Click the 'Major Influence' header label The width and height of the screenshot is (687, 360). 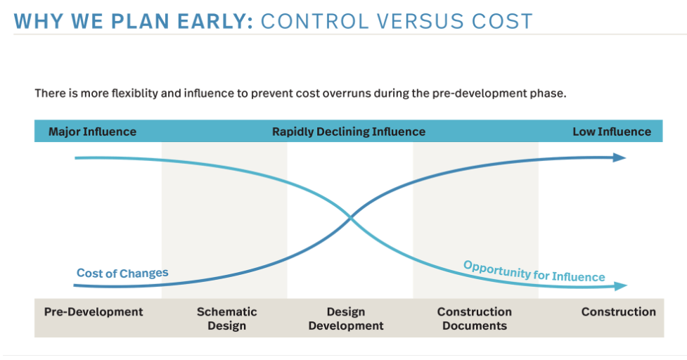[x=92, y=131]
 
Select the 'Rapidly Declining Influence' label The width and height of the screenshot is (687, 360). [x=349, y=131]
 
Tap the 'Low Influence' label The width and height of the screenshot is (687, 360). [x=612, y=131]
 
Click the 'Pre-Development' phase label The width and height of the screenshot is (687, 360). [x=94, y=311]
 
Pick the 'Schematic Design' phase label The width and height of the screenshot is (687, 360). [x=227, y=319]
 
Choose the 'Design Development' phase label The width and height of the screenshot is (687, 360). [x=346, y=319]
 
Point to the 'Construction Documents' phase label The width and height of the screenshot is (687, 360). [x=475, y=319]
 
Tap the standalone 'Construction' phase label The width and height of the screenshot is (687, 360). [x=619, y=311]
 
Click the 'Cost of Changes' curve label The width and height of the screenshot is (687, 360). [x=122, y=274]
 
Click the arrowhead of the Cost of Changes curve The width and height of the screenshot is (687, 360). [x=619, y=157]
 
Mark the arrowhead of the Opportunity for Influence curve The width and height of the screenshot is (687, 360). [x=620, y=286]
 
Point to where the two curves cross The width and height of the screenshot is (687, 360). [x=350, y=217]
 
